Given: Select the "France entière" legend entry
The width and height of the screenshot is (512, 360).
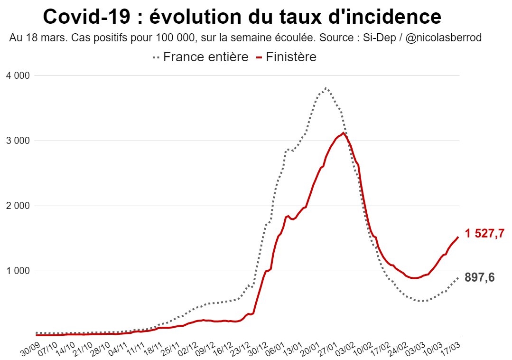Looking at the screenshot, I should coord(205,57).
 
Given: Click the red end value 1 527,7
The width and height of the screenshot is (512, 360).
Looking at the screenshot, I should coord(484,234).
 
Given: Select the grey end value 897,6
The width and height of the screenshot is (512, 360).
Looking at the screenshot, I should coord(480,278).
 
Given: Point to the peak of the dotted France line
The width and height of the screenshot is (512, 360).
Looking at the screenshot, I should coord(326,88).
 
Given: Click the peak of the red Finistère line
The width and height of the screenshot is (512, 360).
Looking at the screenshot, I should coord(343,133).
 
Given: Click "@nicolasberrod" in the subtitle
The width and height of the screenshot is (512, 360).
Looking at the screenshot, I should coord(444,38).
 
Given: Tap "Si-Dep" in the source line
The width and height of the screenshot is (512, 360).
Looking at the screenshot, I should coord(377,38).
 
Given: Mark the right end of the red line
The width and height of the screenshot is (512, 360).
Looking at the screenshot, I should coord(458,237).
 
